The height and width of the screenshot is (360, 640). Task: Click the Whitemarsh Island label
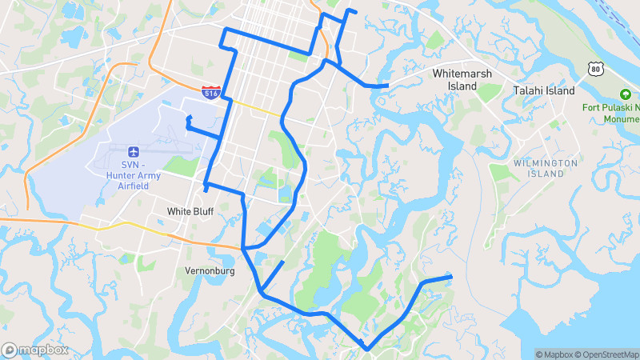(x=461, y=79)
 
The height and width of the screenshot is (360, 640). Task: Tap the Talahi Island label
(x=544, y=91)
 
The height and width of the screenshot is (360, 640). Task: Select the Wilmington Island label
(x=545, y=168)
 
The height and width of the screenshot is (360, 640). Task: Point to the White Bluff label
(x=190, y=212)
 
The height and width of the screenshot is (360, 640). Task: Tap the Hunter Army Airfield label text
(x=132, y=176)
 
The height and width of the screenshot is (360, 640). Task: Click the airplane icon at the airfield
(x=133, y=151)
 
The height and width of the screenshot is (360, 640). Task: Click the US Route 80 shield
(x=594, y=69)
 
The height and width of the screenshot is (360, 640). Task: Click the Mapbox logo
(x=34, y=350)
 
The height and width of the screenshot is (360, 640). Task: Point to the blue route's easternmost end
(x=451, y=277)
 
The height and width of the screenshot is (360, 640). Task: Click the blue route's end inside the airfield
(x=188, y=118)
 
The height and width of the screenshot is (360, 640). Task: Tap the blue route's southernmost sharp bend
(x=366, y=349)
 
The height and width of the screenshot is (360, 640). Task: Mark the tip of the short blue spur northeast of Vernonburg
(x=283, y=262)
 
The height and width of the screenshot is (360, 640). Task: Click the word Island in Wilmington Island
(x=545, y=174)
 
